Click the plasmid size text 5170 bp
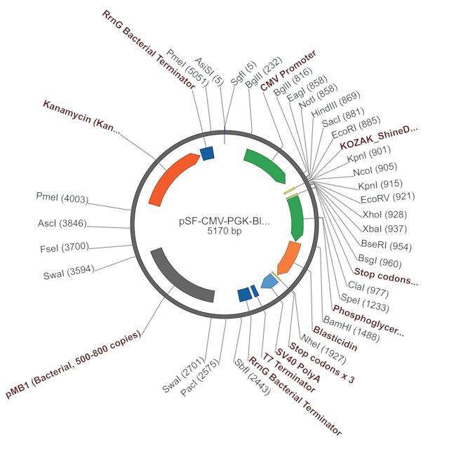pos(224,231)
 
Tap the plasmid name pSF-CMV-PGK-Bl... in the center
pos(224,222)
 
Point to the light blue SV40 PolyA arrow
pos(269,281)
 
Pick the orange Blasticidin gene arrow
pos(289,257)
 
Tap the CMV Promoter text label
pos(288,70)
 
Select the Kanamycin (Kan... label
pos(81,117)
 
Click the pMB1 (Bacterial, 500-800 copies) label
pos(73,363)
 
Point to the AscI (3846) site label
pos(62,223)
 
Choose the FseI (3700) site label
pos(65,248)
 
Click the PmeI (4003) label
pos(62,198)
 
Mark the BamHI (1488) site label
pos(351,329)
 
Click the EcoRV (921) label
pos(387,198)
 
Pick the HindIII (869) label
pos(335,105)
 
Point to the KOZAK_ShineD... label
pos(379,137)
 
